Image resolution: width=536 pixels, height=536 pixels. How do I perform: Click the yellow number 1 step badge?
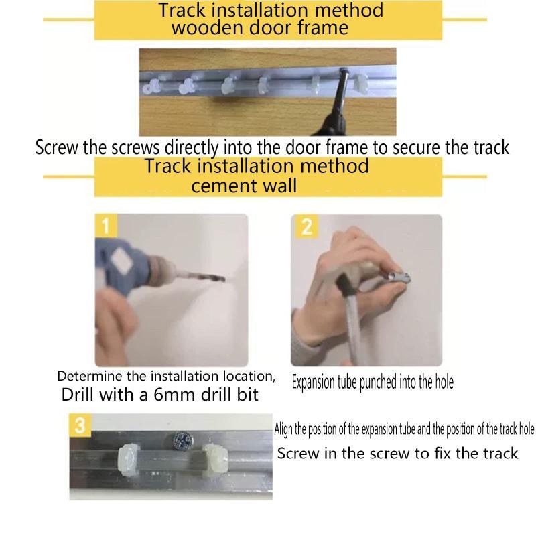(106, 226)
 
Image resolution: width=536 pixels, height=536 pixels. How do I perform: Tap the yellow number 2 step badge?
(306, 226)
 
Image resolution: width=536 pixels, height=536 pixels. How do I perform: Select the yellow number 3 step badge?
(80, 425)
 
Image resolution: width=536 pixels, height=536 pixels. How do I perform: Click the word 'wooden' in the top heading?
(207, 28)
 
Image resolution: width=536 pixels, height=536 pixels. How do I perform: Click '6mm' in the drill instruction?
(174, 395)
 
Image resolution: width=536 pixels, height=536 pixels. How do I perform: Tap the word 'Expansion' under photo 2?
(313, 382)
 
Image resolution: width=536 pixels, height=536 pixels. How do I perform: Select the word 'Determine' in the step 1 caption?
(90, 376)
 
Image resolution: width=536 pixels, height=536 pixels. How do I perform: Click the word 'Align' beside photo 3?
(283, 429)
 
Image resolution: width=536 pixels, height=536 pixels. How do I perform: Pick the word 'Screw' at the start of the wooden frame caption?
(57, 147)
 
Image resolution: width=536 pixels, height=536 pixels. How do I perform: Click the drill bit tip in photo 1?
(224, 279)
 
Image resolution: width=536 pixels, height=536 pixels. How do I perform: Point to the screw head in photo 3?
(182, 440)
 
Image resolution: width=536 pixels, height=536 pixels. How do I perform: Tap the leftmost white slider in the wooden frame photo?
(151, 87)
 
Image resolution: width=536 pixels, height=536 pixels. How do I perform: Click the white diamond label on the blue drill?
(121, 261)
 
